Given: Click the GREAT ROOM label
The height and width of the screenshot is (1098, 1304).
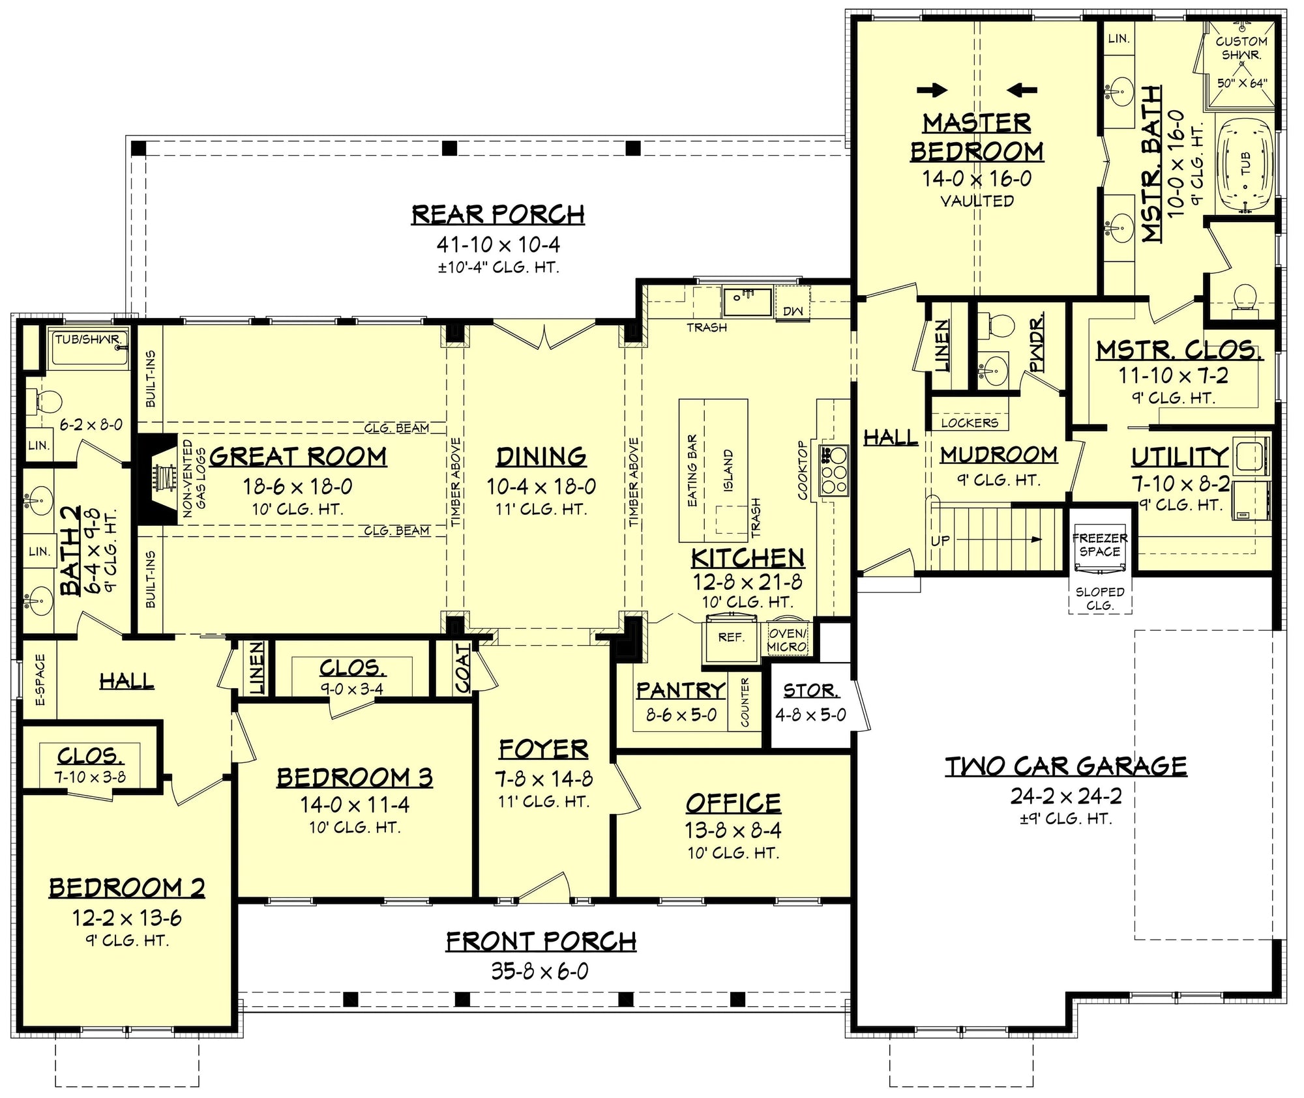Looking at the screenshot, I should pyautogui.click(x=298, y=456).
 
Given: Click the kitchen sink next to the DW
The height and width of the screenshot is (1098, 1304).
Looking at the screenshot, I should pyautogui.click(x=747, y=302).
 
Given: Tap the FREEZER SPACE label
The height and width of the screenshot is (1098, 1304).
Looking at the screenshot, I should pyautogui.click(x=1099, y=544).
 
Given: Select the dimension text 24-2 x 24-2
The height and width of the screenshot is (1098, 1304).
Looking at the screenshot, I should pyautogui.click(x=1066, y=796).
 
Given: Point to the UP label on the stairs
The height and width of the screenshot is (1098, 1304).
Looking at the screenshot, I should pyautogui.click(x=940, y=540).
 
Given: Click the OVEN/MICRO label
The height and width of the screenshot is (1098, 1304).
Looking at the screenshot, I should pyautogui.click(x=787, y=639).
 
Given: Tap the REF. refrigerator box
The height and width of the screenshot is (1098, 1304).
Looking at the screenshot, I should pyautogui.click(x=731, y=637).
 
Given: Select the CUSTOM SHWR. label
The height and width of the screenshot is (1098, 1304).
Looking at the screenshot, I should pyautogui.click(x=1241, y=48).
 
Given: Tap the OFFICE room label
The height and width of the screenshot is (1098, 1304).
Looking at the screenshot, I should pyautogui.click(x=733, y=803).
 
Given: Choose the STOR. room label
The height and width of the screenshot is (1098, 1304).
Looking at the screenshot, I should pyautogui.click(x=810, y=690).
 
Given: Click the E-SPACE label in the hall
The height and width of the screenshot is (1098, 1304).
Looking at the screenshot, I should pyautogui.click(x=40, y=680).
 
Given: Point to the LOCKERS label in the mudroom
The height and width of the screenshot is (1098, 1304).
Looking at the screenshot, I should pyautogui.click(x=969, y=423).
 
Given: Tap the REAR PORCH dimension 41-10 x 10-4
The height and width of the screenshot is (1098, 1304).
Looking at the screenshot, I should pyautogui.click(x=498, y=245).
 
